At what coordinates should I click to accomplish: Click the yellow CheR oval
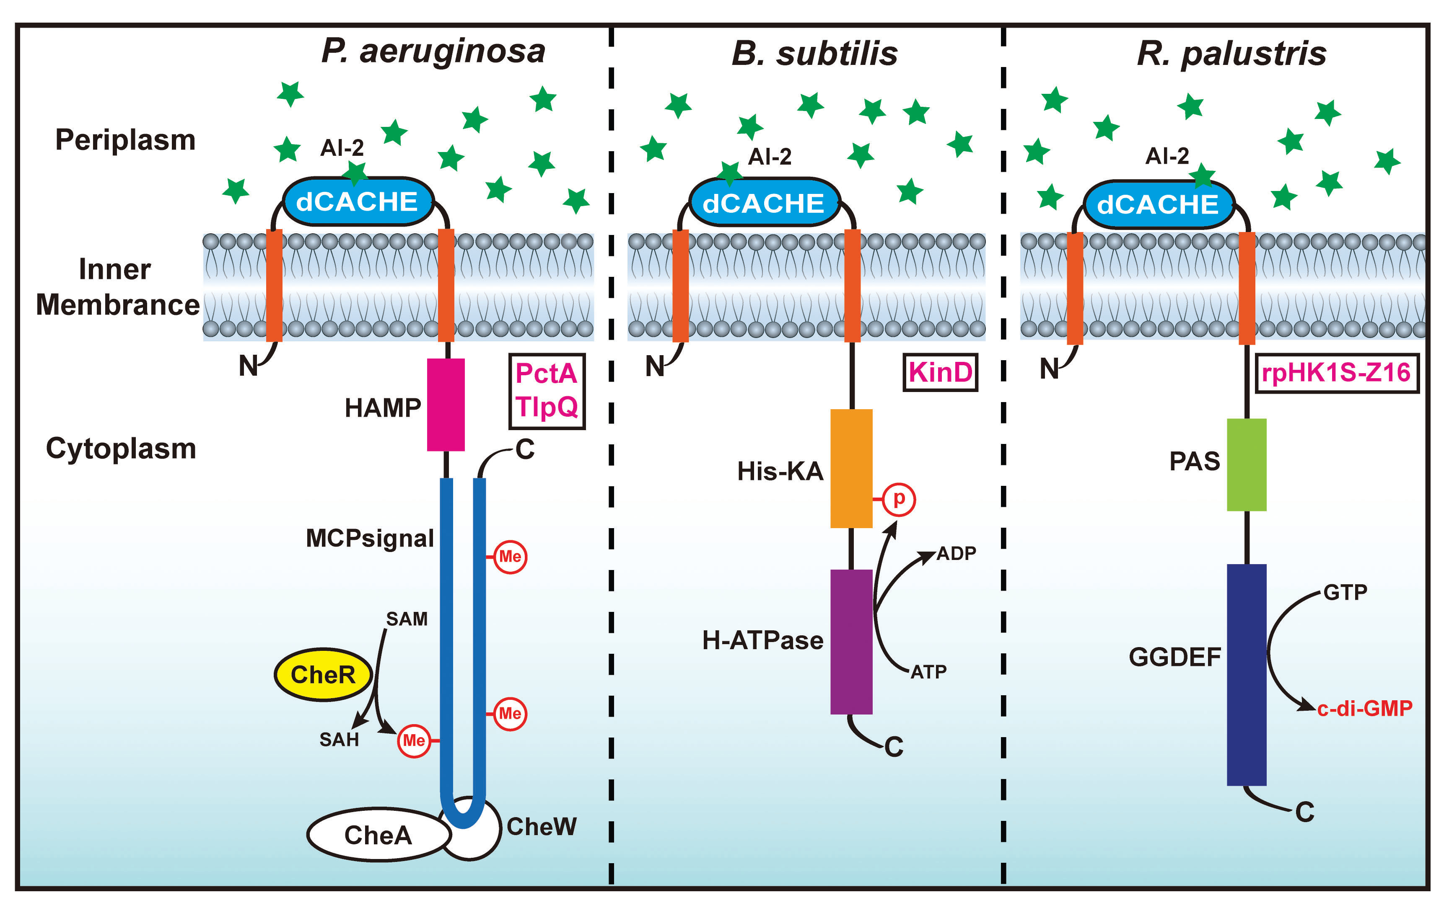(323, 674)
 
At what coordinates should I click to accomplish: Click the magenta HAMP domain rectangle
(446, 405)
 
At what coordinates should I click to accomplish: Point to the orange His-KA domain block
(851, 468)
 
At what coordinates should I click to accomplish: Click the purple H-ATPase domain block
(851, 641)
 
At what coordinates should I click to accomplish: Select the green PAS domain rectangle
(1246, 464)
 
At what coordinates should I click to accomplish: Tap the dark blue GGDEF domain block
(1246, 674)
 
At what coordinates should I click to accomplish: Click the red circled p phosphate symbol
(898, 499)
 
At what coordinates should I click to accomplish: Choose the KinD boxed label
(940, 373)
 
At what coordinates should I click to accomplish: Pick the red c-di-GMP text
(1364, 708)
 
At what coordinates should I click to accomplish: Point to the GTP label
(1345, 592)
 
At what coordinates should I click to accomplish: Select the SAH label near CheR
(339, 740)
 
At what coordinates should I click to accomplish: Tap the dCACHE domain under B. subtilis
(763, 203)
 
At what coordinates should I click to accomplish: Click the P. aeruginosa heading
(433, 51)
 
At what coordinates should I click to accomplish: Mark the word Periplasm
(125, 139)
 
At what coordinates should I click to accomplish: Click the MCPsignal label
(369, 538)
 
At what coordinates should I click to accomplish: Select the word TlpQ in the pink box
(546, 407)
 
